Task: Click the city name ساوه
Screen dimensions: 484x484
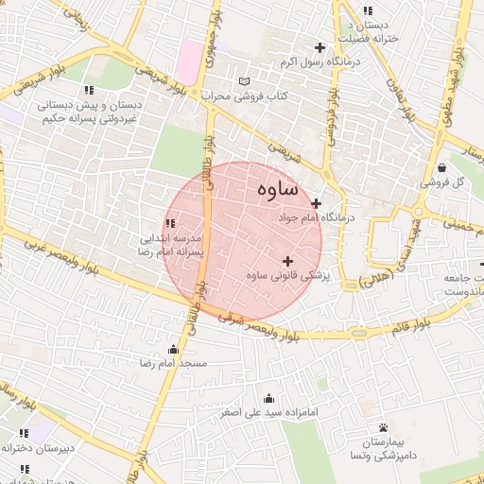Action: click(276, 189)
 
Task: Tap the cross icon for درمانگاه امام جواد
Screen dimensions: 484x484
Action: click(316, 203)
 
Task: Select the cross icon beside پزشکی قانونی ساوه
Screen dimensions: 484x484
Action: click(287, 261)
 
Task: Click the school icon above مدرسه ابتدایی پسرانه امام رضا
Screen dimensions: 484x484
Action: click(170, 223)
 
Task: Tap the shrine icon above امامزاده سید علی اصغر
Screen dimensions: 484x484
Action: click(269, 398)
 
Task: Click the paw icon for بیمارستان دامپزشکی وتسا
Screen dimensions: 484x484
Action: click(383, 428)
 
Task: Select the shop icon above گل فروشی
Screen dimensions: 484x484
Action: click(442, 167)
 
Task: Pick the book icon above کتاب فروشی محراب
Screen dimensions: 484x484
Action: click(246, 82)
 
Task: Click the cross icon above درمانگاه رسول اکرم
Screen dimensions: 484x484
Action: click(320, 47)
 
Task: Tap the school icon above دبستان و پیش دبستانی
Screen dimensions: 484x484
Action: click(89, 90)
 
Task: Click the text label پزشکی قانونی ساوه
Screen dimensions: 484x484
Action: click(284, 276)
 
